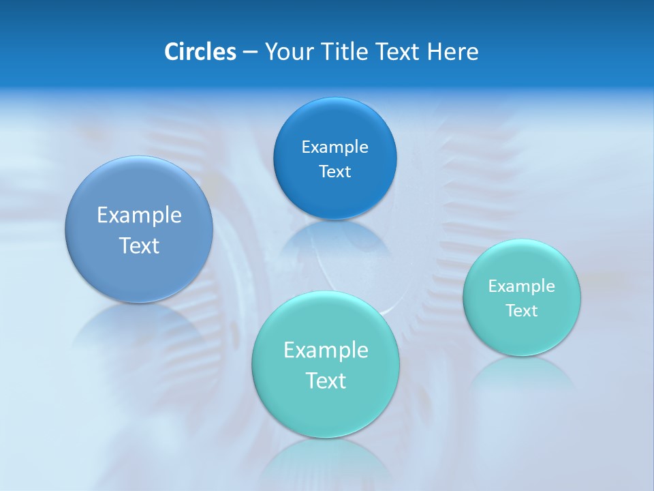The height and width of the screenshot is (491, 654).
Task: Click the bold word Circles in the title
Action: click(x=200, y=52)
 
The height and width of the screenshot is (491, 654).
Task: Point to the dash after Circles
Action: click(x=250, y=52)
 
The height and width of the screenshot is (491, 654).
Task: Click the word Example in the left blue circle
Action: click(x=139, y=215)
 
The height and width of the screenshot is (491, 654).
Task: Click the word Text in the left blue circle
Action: click(x=139, y=245)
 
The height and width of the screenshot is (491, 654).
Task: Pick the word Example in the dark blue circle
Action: click(x=334, y=147)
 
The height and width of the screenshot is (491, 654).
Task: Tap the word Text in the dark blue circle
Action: click(x=334, y=171)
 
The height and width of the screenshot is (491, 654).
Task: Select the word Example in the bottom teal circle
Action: click(x=326, y=350)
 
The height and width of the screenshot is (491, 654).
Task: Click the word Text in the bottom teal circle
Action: click(x=326, y=381)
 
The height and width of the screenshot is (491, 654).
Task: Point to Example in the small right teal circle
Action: click(x=522, y=286)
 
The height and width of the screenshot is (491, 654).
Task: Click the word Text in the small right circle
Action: click(x=522, y=310)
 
